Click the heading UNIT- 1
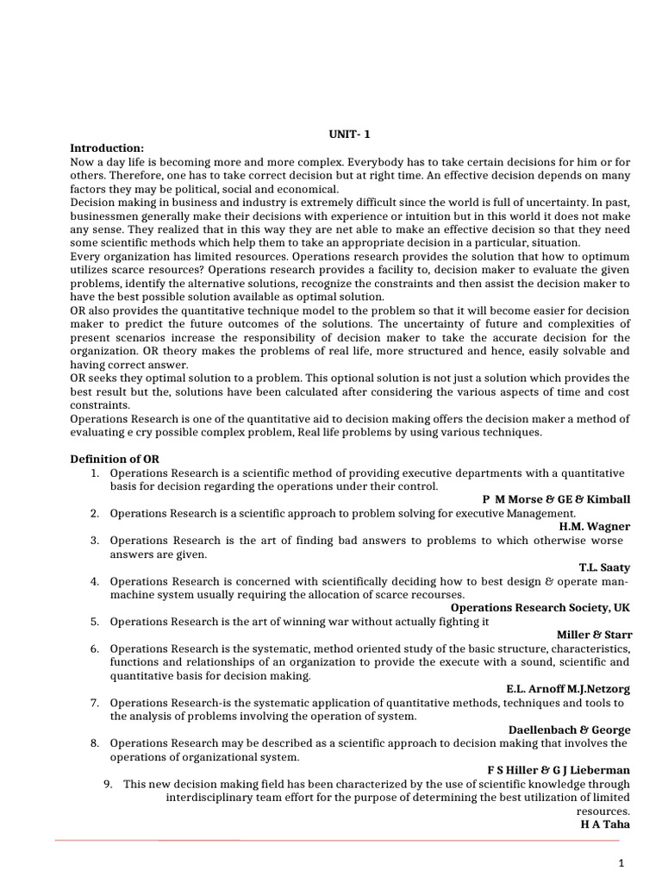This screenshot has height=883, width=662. pos(349,134)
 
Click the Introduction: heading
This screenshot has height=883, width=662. pos(107,147)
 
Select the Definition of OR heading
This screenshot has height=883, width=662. pos(114,459)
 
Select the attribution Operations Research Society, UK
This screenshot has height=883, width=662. pos(540,608)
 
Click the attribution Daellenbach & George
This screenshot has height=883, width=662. pos(570,730)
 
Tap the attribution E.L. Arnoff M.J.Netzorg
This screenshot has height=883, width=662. pos(567,689)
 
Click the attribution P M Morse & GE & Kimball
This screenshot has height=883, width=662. pos(556,499)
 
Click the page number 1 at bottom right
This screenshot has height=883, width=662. pos(621,862)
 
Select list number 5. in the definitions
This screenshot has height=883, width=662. pos(94,622)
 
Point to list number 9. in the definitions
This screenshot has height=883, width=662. pos(108,784)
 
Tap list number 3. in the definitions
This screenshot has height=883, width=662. pos(94,541)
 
